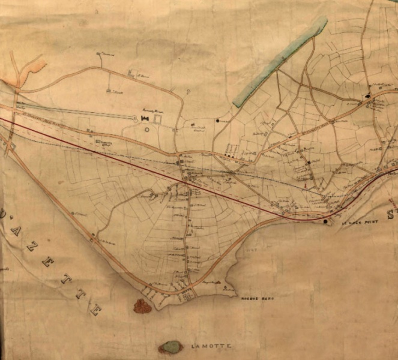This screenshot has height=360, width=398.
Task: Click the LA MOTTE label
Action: (x=211, y=346)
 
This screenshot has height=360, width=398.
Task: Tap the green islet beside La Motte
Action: (x=172, y=347)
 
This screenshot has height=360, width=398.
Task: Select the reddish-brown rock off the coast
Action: (x=142, y=306)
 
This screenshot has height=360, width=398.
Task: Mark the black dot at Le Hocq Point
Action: (x=326, y=222)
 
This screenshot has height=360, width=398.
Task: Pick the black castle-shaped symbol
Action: (x=145, y=118)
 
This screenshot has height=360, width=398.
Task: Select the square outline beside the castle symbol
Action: (x=158, y=118)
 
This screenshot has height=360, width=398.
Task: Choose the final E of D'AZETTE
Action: (x=94, y=311)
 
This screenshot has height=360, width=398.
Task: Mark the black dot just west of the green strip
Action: (x=218, y=121)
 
